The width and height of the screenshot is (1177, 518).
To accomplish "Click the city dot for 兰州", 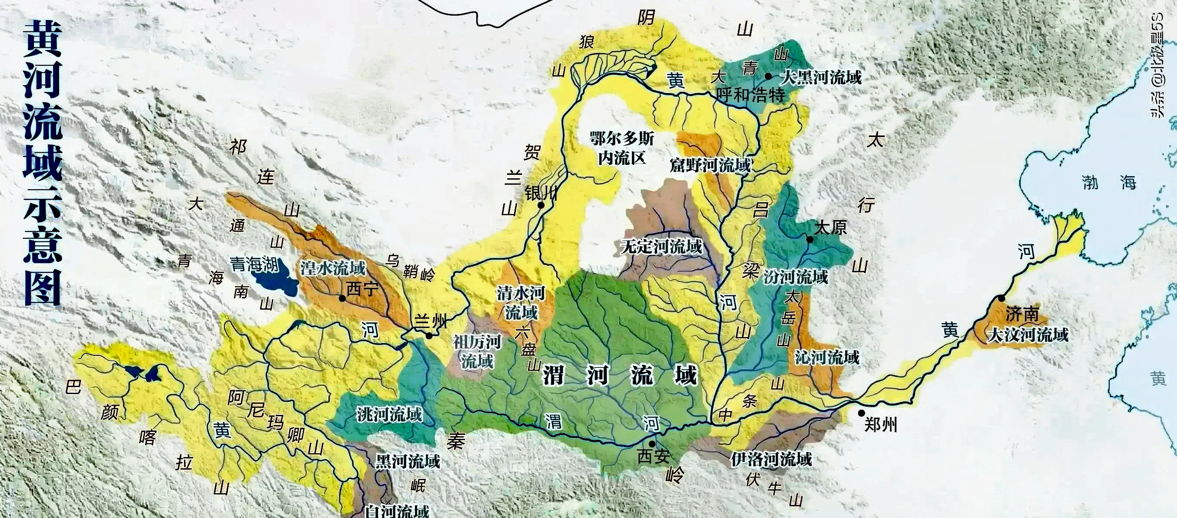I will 429,336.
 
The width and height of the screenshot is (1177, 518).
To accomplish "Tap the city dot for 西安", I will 652,444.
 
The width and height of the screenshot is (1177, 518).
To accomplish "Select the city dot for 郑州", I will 861,413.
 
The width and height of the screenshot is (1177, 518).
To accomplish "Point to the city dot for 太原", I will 809,239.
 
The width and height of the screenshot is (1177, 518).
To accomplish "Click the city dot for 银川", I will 541,205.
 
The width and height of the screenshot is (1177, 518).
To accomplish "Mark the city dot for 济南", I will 1002,298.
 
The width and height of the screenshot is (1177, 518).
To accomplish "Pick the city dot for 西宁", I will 342,298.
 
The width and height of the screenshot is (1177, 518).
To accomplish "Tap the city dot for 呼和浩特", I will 769,76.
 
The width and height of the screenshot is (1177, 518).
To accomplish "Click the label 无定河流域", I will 661,247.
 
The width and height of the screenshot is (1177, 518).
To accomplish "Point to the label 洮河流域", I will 389,414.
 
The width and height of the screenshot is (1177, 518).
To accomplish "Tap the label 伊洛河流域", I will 771,458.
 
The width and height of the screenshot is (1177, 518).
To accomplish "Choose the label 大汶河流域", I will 1028,335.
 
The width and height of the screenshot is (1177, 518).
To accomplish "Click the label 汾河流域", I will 796,277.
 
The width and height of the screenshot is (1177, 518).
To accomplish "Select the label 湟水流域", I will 333,268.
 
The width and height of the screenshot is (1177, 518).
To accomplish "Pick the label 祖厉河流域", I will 477,351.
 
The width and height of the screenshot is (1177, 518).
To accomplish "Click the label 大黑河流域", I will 821,77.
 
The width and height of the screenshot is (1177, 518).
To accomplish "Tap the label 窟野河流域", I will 710,165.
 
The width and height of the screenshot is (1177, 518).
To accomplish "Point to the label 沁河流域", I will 827,357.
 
